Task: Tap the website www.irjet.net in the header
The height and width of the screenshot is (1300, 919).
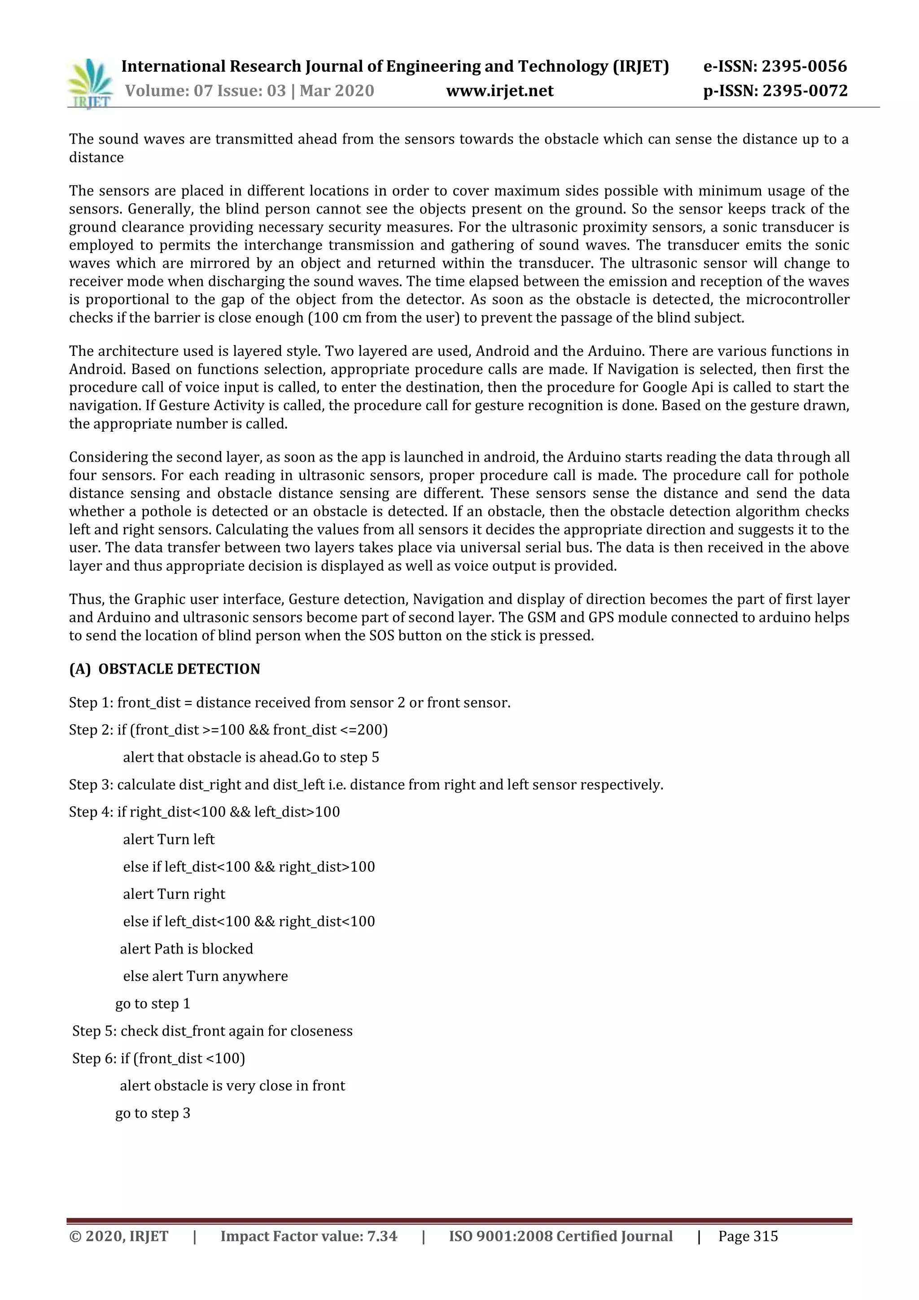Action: [x=499, y=91]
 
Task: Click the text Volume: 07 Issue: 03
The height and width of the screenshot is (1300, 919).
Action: [x=205, y=91]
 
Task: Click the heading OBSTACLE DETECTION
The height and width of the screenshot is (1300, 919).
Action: [x=179, y=669]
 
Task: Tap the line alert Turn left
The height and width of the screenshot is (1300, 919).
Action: [x=169, y=839]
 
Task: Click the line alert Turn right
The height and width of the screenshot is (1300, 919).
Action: [x=174, y=894]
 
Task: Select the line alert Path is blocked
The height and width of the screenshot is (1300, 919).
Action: [x=186, y=948]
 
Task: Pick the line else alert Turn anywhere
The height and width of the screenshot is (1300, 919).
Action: [x=205, y=976]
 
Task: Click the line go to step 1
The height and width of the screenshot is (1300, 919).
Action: [x=153, y=1003]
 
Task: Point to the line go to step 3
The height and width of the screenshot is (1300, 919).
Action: [x=153, y=1113]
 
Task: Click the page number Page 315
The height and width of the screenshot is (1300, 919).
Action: [x=748, y=1236]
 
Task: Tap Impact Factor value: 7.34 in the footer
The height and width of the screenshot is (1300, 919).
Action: [x=309, y=1236]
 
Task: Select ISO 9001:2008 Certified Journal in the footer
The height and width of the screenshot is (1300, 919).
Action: [x=560, y=1236]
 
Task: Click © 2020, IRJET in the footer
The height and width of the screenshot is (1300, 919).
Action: [x=118, y=1236]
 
